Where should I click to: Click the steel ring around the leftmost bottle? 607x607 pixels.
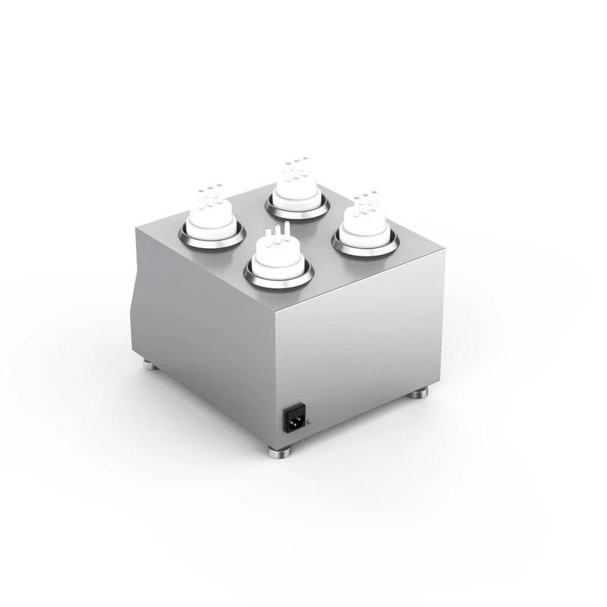click(212, 238)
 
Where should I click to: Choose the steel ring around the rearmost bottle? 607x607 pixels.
click(297, 209)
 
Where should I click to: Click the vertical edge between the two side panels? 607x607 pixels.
click(275, 379)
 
